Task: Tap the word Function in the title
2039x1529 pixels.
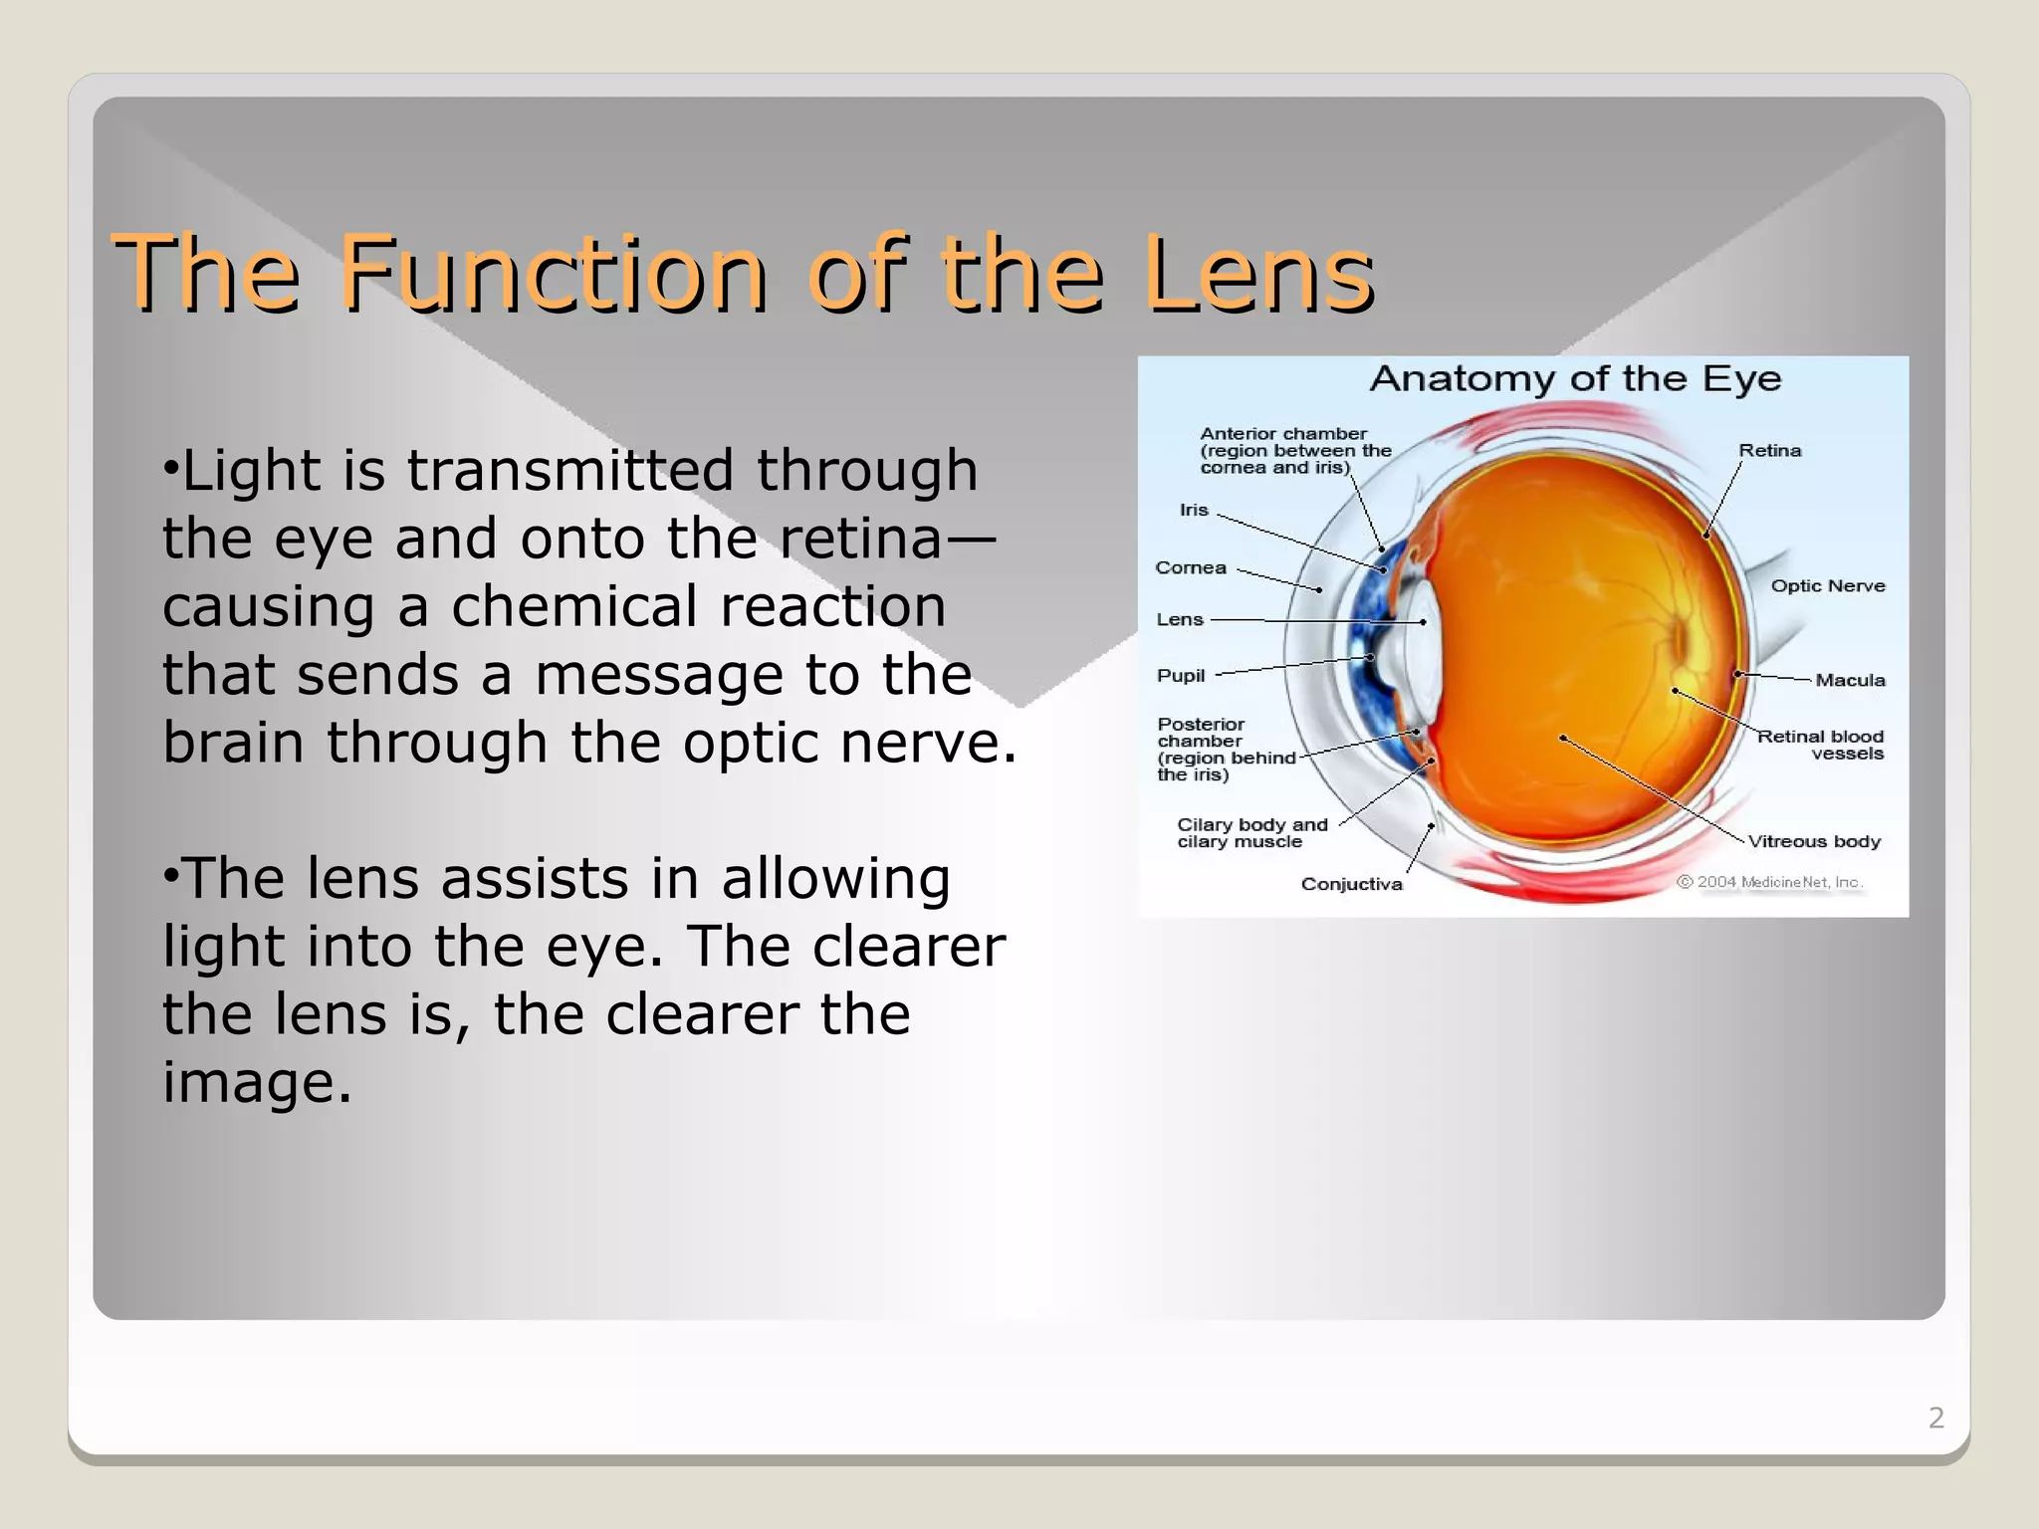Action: (x=553, y=273)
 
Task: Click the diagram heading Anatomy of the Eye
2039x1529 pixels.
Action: (x=1575, y=379)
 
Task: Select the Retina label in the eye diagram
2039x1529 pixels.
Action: (x=1769, y=451)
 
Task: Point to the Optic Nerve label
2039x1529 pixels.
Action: (x=1827, y=586)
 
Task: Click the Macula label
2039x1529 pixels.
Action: (x=1850, y=681)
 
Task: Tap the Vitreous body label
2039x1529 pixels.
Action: (x=1814, y=842)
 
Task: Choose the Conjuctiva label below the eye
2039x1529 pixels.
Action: (x=1351, y=885)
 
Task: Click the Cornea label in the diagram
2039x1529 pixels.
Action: (x=1190, y=568)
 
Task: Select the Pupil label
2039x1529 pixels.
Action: (x=1180, y=676)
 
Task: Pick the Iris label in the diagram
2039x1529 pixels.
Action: (x=1193, y=511)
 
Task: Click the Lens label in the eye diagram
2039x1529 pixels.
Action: (x=1179, y=620)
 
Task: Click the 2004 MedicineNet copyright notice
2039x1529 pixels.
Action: (x=1769, y=883)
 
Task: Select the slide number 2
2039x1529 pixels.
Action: (x=1935, y=1418)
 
